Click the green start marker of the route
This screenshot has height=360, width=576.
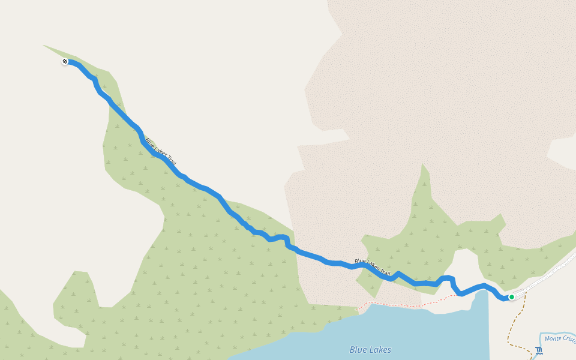[511, 296]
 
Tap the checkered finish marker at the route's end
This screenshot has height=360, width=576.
[65, 61]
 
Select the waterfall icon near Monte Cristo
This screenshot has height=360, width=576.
[538, 351]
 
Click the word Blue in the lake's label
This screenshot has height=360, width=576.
[359, 350]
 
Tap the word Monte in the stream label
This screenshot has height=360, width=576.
[555, 340]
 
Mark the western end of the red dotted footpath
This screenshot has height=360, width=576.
[359, 308]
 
